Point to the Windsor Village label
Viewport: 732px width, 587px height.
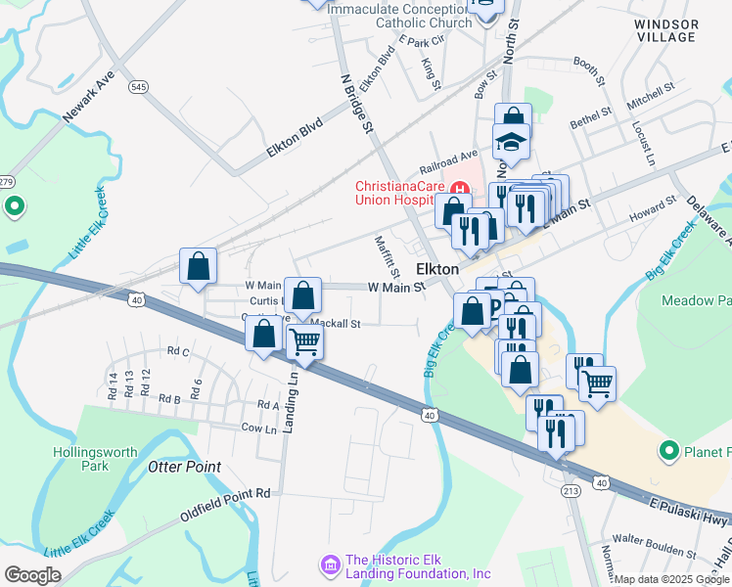(x=664, y=29)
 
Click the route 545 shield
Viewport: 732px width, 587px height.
(x=138, y=87)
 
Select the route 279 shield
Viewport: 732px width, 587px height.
(x=4, y=182)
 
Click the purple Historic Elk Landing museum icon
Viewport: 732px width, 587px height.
(x=329, y=564)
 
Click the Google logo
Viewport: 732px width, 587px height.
(x=32, y=575)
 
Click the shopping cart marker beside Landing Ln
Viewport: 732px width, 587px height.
(x=305, y=342)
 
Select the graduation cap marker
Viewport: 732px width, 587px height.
(x=510, y=142)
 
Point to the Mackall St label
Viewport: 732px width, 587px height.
(x=337, y=323)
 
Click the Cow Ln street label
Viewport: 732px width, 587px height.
(x=258, y=429)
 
